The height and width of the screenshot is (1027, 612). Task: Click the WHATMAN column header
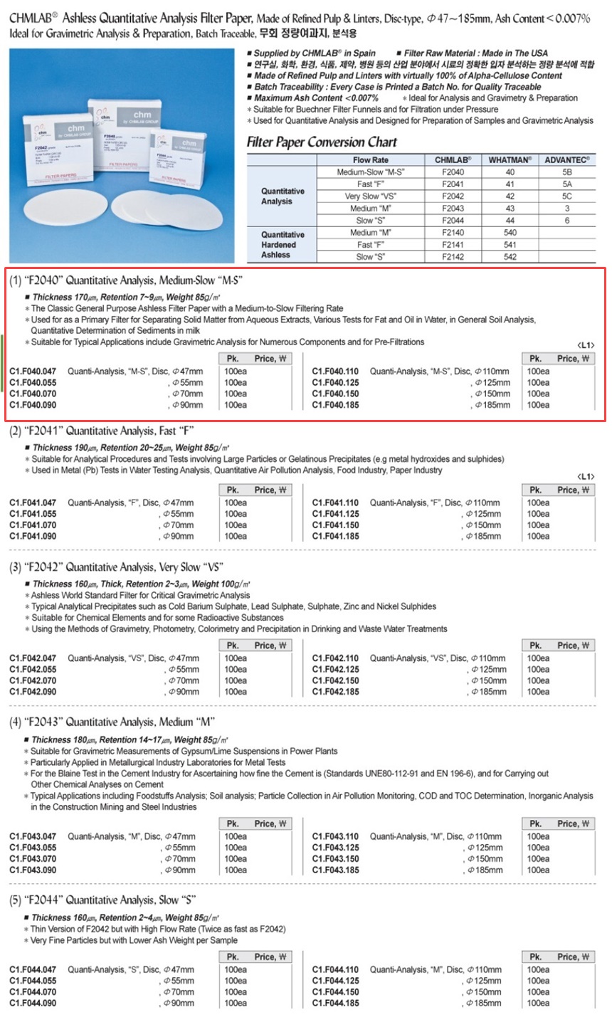(x=510, y=160)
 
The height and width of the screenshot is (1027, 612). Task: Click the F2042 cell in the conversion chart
(x=453, y=196)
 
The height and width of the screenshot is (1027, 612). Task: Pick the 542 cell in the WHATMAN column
(x=510, y=257)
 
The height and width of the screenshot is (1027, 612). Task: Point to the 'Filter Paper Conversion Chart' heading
(x=322, y=142)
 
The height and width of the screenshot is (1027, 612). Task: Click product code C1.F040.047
(x=33, y=372)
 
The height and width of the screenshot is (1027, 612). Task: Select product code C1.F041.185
(x=336, y=537)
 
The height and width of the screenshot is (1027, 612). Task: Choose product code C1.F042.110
(x=336, y=658)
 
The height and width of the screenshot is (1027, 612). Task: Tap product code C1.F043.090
(x=33, y=870)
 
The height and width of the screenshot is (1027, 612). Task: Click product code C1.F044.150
(x=336, y=992)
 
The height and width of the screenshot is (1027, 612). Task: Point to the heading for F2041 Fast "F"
(x=102, y=431)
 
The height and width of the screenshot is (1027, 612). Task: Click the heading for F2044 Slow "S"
(x=102, y=900)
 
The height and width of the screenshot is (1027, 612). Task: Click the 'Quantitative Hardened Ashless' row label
(x=283, y=245)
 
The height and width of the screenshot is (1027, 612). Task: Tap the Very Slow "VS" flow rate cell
(x=371, y=196)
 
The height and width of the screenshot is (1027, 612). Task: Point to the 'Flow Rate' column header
(x=371, y=160)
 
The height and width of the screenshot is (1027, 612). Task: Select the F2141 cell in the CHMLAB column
(x=453, y=245)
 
